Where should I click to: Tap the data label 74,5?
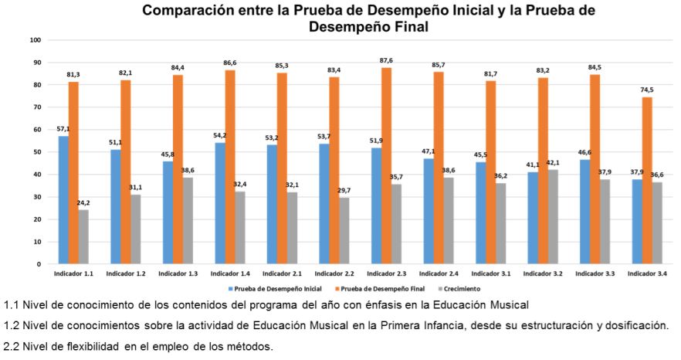coord(647,90)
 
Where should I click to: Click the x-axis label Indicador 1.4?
coord(230,274)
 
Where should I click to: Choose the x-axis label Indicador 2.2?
coord(334,274)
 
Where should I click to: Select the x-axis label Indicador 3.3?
coord(595,274)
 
